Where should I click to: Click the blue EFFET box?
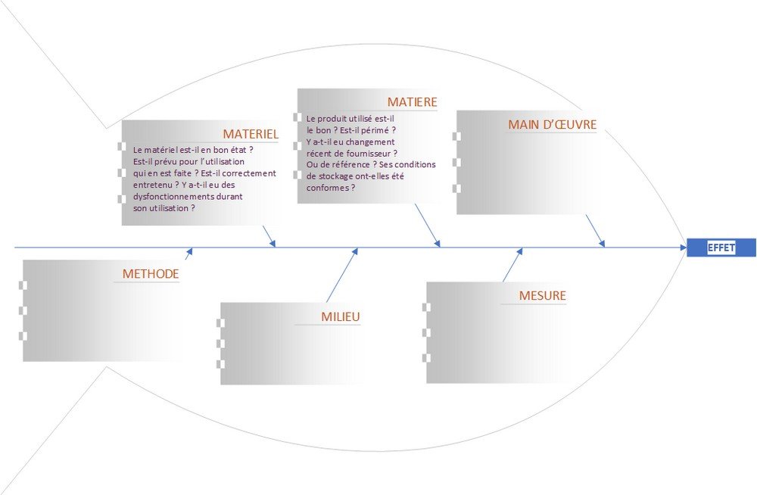[x=721, y=247]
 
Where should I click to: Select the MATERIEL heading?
[x=251, y=134]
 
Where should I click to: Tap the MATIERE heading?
[x=412, y=102]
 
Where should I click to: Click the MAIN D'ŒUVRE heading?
[x=552, y=124]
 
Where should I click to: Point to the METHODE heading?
[x=151, y=274]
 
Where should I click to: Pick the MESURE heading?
[x=542, y=296]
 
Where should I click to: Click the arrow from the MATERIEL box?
[x=269, y=235]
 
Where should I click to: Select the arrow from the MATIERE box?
[x=427, y=225]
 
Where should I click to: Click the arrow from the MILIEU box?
[x=342, y=274]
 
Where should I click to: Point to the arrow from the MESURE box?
[x=512, y=265]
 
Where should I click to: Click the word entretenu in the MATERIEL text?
[x=153, y=184]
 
